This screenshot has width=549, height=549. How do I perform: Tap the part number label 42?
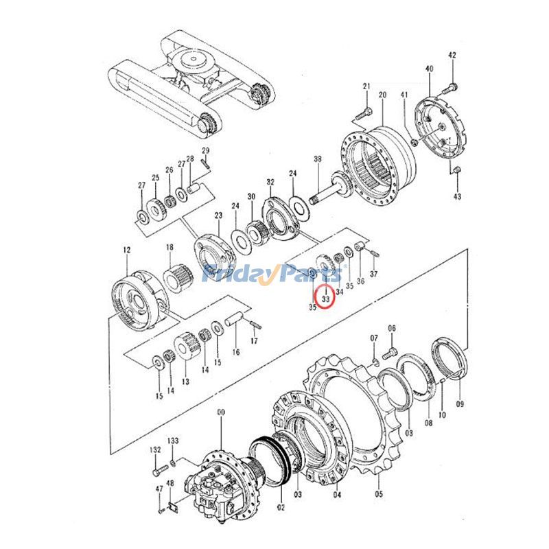(451, 55)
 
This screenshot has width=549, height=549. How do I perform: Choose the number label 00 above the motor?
(220, 412)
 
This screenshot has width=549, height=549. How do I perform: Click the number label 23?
(218, 215)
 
